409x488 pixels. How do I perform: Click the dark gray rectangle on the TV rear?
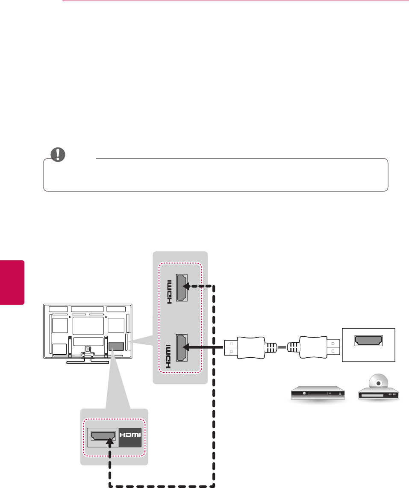116,346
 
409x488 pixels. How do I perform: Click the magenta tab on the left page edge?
12,282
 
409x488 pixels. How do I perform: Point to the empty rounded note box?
216,175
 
